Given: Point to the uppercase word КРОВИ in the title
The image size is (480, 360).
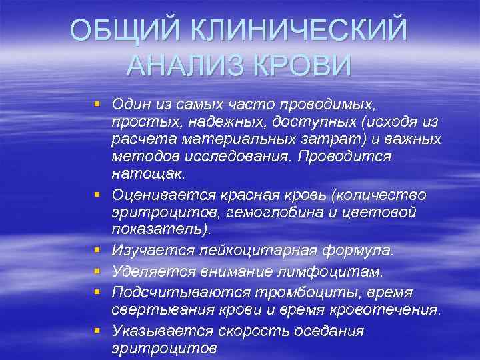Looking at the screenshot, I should pos(301,66).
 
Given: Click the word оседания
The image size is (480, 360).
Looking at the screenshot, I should pos(325,331).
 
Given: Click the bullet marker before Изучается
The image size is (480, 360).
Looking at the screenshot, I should pos(97,249).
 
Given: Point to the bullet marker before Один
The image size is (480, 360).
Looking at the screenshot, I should pos(97,104).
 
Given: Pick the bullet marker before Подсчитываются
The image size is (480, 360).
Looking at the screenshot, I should pos(97,291).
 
